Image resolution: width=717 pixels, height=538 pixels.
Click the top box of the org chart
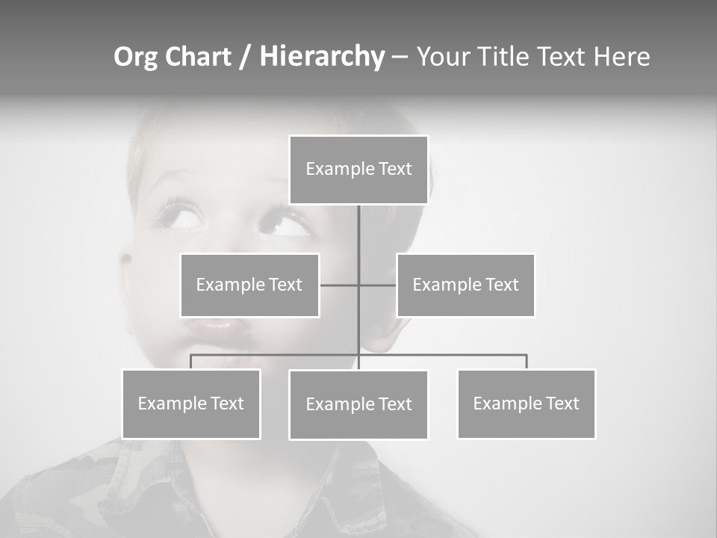(358, 170)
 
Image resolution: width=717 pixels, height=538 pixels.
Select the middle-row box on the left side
(249, 285)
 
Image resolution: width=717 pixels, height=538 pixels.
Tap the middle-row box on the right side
(465, 285)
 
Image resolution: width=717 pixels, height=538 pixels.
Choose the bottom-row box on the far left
(191, 403)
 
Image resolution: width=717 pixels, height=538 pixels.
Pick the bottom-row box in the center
(358, 404)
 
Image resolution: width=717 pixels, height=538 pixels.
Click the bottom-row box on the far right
(527, 403)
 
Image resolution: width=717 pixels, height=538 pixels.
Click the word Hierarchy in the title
(322, 57)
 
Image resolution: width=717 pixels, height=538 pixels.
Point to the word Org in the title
(136, 57)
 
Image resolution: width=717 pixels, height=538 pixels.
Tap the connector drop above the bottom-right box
(527, 362)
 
